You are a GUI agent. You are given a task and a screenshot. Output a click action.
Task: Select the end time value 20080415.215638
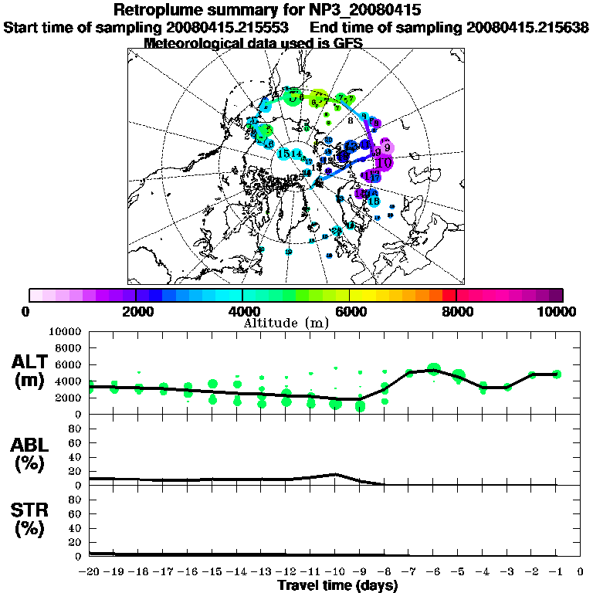coord(527,27)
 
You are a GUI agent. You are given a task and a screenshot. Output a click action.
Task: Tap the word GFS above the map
coord(347,43)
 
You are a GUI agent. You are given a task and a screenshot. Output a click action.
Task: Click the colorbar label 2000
coord(135,311)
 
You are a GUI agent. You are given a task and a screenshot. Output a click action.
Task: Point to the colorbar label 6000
coord(350,311)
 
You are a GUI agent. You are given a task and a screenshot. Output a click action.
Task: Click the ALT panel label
coord(31,362)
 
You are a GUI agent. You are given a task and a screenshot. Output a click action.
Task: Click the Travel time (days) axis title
coord(337,585)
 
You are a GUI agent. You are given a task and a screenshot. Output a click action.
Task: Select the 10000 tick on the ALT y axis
coord(64,331)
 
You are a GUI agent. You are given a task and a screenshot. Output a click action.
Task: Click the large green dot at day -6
coord(433,370)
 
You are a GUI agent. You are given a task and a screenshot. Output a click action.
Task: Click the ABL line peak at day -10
coord(335,474)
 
